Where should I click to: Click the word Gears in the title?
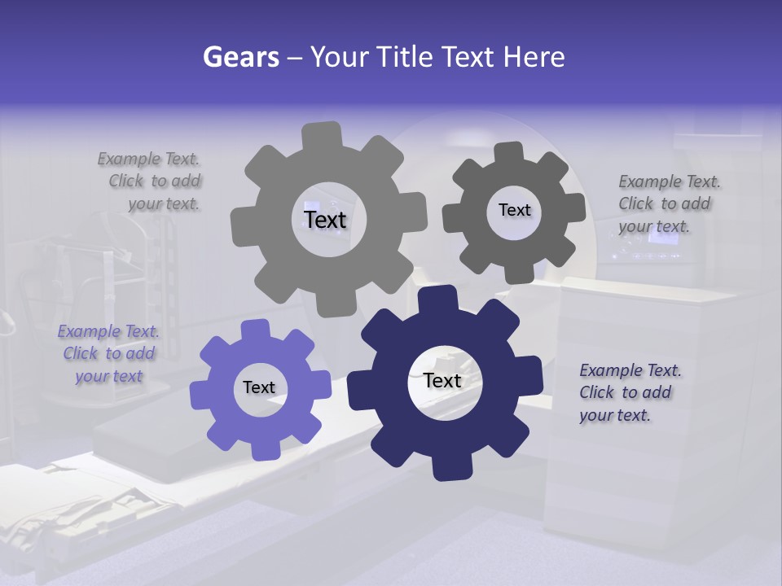pos(240,57)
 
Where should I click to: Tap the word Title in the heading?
pos(403,57)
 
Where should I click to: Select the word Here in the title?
pos(534,57)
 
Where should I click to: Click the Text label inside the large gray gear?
pos(325,220)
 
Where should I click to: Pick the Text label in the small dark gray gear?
pos(514,210)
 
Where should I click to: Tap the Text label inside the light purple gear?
pos(259,387)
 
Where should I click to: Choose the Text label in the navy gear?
pos(442,380)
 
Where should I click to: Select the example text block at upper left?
pos(152,181)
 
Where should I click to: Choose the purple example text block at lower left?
pos(109,353)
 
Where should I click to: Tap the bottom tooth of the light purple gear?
pos(262,446)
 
